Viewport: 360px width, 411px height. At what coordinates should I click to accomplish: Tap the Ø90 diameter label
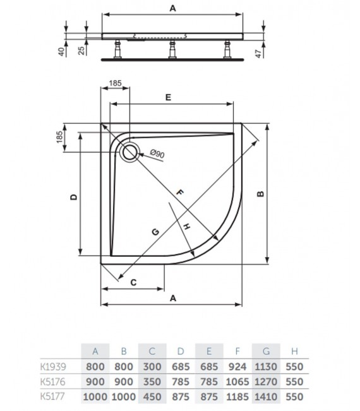(x=157, y=153)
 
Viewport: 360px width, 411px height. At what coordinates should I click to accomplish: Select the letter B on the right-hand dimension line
(x=260, y=194)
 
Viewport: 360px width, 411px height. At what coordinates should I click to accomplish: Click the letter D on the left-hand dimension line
(x=73, y=197)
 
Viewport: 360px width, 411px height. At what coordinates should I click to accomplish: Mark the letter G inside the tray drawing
(x=155, y=232)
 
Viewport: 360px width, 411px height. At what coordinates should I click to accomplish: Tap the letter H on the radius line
(x=187, y=226)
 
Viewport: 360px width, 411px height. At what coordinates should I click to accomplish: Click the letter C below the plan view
(x=133, y=283)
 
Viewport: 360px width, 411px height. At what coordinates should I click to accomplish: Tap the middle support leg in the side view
(x=171, y=49)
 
